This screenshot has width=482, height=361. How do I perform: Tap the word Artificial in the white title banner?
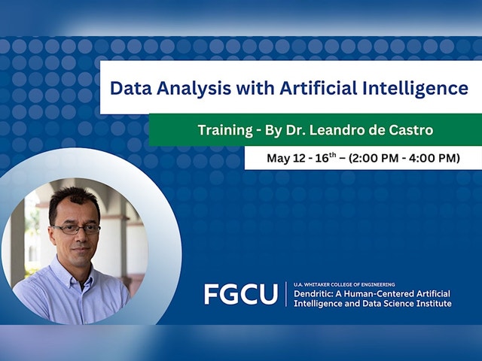tap(318, 88)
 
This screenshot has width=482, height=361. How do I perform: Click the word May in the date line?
tap(278, 159)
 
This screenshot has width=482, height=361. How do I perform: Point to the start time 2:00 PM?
tap(374, 159)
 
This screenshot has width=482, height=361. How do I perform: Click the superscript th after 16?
tap(333, 155)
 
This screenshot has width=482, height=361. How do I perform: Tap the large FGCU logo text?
tap(241, 294)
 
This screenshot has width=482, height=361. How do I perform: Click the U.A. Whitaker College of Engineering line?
tap(344, 284)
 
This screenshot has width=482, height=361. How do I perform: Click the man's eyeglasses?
tap(75, 229)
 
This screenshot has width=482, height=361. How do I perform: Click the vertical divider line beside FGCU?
tap(286, 294)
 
